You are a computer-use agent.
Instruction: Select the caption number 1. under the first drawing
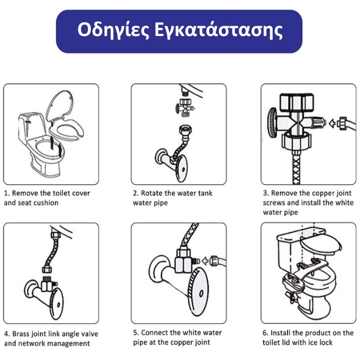click(x=7, y=193)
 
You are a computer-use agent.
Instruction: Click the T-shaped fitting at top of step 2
click(x=184, y=105)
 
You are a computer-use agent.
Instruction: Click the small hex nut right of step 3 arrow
click(x=341, y=122)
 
